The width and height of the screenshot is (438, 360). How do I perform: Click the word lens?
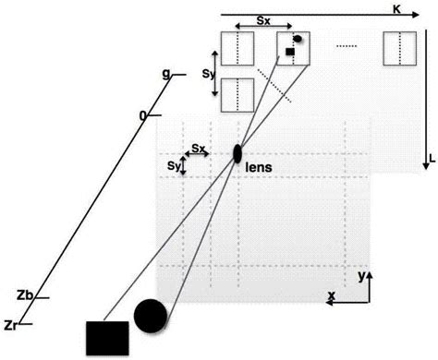(x=258, y=167)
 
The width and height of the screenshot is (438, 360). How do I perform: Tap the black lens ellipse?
(x=237, y=153)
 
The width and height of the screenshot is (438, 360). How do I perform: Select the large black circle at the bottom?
(x=151, y=316)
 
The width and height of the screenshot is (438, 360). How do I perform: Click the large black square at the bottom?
(x=104, y=338)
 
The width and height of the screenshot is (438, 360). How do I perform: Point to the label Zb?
(x=26, y=295)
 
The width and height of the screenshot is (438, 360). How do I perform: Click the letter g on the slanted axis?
(x=165, y=74)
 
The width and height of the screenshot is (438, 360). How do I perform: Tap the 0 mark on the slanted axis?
(x=143, y=115)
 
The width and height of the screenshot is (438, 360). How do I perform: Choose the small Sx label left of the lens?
(x=199, y=147)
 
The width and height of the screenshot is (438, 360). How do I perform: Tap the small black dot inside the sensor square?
(x=298, y=40)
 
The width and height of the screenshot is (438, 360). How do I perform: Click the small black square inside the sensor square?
(x=289, y=53)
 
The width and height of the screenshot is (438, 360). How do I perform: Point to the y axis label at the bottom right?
(x=362, y=276)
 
